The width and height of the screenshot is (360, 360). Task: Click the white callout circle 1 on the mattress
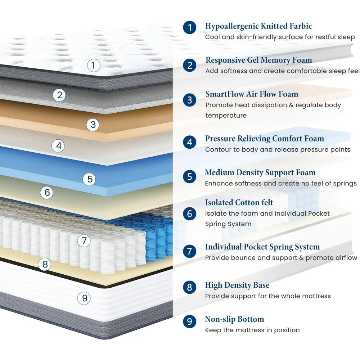94,66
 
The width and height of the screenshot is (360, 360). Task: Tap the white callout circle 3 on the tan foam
93,125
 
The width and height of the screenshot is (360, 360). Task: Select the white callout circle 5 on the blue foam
90,179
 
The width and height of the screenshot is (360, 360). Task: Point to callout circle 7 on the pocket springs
84,240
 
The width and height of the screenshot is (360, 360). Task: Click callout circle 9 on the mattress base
85,298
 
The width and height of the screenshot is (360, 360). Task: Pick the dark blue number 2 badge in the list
190,65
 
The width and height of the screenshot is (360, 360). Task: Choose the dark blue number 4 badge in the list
190,142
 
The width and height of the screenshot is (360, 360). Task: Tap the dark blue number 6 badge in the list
190,214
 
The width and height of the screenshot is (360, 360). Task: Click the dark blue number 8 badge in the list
190,287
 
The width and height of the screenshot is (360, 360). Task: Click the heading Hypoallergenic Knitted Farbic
258,26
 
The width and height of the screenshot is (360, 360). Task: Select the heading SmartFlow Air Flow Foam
252,94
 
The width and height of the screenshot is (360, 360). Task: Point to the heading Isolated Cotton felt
239,203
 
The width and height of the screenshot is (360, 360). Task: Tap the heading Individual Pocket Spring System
262,247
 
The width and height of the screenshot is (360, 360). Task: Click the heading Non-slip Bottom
234,319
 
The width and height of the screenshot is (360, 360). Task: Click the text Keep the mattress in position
252,330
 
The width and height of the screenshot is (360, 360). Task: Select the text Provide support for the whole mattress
267,296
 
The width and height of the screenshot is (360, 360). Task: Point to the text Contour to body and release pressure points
278,149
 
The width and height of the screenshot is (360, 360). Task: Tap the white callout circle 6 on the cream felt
47,193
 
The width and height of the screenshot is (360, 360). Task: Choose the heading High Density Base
237,285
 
